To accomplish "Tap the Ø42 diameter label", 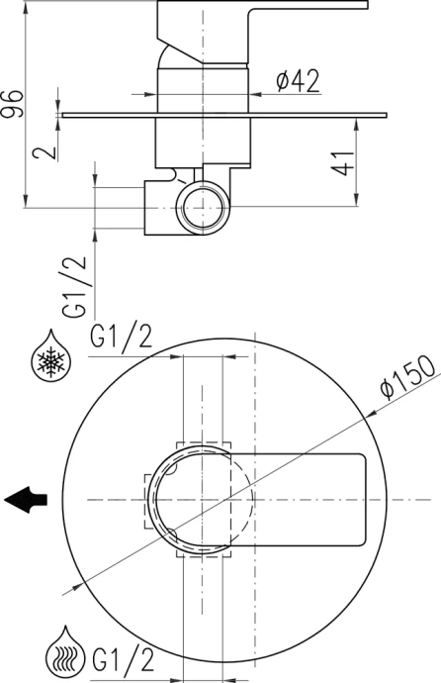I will (297, 82).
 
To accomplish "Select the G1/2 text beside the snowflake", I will (121, 339).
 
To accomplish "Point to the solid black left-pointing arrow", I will (26, 500).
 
